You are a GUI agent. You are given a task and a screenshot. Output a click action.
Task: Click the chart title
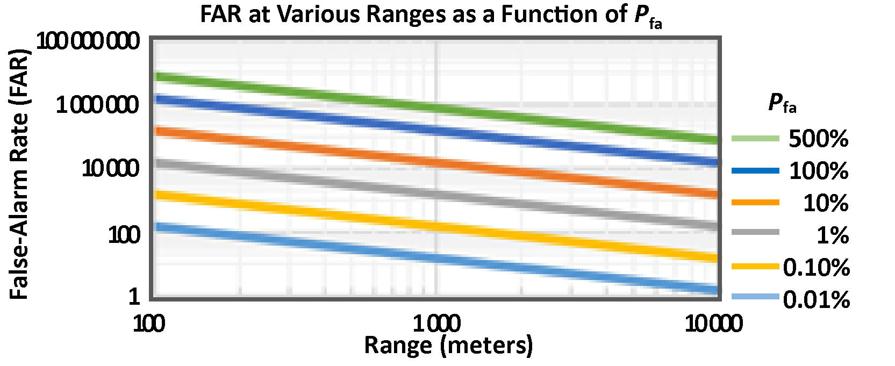pos(431,15)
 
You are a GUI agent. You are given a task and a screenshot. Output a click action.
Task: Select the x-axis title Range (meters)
pos(448,345)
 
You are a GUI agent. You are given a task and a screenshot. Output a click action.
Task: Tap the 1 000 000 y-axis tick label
pos(97,105)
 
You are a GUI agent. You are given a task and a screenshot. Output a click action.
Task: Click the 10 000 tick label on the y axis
pos(110,169)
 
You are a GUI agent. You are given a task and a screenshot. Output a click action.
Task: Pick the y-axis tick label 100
pos(124,235)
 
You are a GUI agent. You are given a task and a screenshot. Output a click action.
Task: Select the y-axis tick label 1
pos(134,296)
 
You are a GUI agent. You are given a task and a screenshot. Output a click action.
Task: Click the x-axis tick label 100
pos(149,324)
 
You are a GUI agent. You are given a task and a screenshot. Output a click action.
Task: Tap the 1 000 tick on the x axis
pos(436,324)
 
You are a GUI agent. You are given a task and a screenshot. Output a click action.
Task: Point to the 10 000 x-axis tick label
pos(713,324)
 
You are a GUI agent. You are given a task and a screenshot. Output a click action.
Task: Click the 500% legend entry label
pos(818,139)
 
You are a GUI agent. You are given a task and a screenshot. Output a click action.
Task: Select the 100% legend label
pos(818,171)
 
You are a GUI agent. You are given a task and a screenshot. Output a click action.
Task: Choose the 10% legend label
pos(826,203)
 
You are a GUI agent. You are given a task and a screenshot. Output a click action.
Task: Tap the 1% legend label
pos(833,235)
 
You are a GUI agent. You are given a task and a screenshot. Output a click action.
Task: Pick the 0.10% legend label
pos(816,267)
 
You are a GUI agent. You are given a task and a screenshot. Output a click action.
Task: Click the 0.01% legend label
pos(816,299)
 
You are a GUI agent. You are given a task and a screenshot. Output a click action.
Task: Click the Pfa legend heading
pos(782,102)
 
